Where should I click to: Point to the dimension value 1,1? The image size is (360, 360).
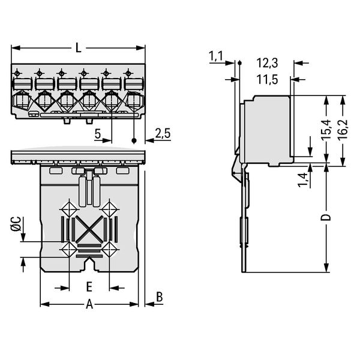coord(216,57)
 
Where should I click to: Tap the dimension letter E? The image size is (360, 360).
coord(88,286)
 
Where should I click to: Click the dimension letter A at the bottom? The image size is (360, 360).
coord(89,304)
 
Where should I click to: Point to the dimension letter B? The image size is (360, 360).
coord(159,296)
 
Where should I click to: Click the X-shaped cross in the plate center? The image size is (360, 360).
coord(89,229)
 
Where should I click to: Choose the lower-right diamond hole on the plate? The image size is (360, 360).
coord(109,248)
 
